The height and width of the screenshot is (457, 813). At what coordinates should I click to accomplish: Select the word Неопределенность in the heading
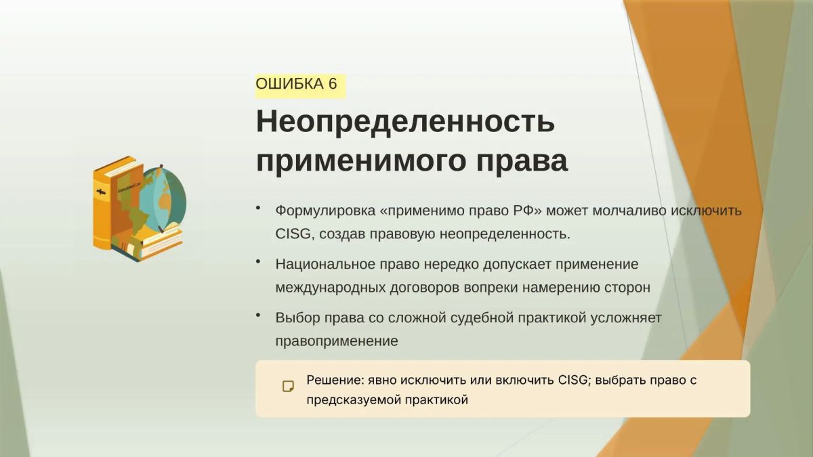coord(405,121)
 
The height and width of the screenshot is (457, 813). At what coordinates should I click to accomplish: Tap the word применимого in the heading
coord(360,161)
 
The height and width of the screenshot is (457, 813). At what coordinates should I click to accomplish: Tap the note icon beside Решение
coord(289,387)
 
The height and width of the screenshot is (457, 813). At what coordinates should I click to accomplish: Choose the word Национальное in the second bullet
coord(325,264)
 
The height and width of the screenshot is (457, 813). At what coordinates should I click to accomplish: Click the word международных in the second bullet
coord(331,288)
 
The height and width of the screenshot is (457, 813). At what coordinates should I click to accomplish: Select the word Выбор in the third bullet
coord(297,318)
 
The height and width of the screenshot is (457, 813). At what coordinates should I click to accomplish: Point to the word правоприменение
coord(337,341)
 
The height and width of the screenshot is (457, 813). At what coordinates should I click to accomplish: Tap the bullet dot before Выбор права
coord(258,315)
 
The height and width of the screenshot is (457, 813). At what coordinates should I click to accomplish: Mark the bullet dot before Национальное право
coord(258,261)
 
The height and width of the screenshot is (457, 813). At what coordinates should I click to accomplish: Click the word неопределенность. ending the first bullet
coord(505,234)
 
